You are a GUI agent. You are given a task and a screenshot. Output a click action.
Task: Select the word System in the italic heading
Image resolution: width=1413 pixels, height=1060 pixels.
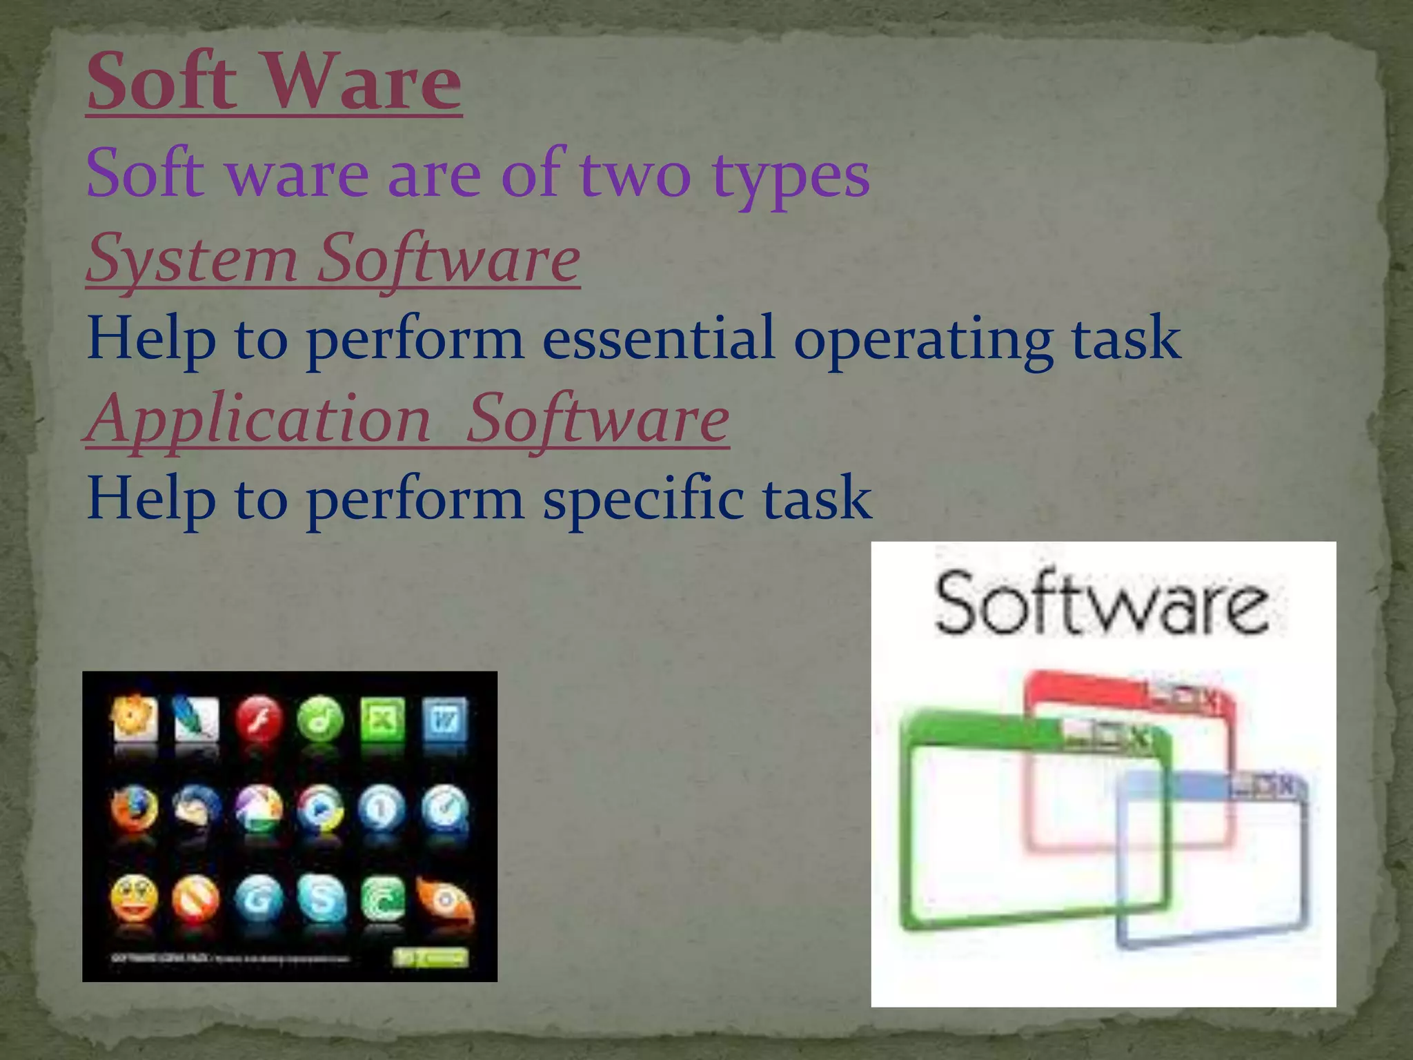[x=192, y=259]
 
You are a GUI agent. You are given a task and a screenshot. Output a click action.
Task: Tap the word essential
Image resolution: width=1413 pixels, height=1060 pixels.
[x=658, y=337]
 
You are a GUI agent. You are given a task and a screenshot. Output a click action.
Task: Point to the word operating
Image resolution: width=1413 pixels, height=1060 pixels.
[x=923, y=339]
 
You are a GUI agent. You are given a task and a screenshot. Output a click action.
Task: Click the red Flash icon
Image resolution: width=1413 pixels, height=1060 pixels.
[x=258, y=720]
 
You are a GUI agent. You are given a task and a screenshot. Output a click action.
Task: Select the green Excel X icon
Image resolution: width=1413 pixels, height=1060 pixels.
[x=382, y=720]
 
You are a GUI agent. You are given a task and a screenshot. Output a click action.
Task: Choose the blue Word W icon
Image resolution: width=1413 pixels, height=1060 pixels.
[x=444, y=720]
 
